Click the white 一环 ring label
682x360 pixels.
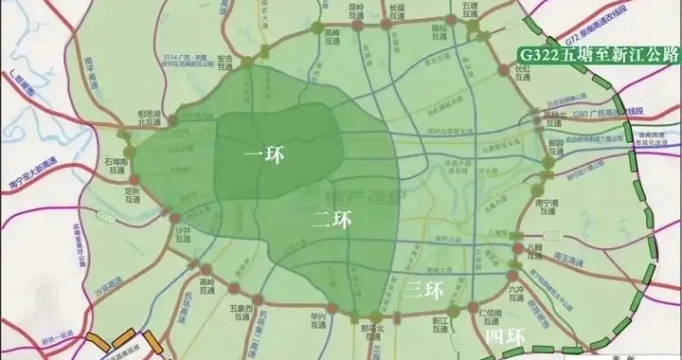263,151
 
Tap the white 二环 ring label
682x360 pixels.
331,220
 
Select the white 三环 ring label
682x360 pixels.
422,288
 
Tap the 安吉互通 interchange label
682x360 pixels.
224,62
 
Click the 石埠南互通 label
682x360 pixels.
114,168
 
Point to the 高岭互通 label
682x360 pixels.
208,285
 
